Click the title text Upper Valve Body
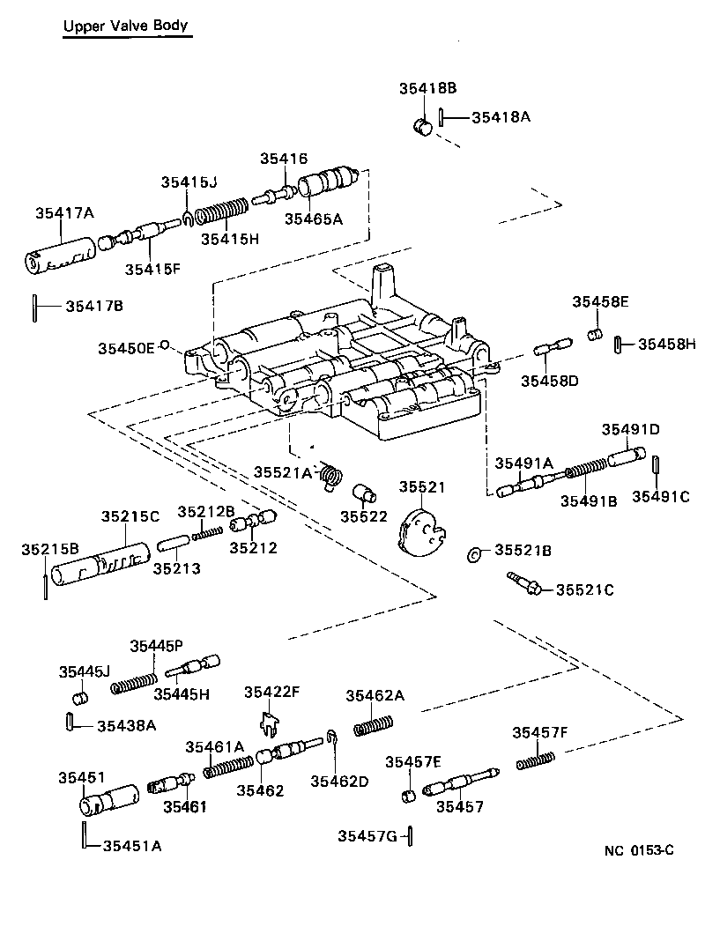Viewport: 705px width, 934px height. tap(125, 26)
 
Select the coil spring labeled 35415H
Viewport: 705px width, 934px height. tap(221, 213)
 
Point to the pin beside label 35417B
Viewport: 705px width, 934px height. tap(33, 307)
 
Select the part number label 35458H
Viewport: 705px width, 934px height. tap(667, 344)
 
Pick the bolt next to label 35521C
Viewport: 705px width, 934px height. tap(525, 584)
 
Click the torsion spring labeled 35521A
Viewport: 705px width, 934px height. tap(331, 476)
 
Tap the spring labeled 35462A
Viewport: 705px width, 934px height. tap(374, 725)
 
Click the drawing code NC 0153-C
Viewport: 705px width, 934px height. tap(639, 850)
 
